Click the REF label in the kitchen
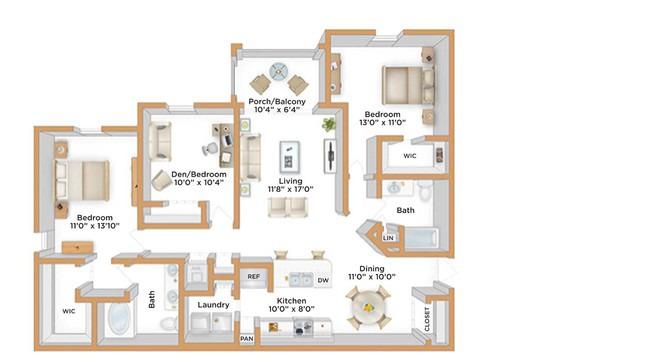[254, 277]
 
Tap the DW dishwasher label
[323, 280]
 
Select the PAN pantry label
[247, 339]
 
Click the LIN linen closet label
[388, 238]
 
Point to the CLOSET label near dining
[427, 319]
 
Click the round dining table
[368, 308]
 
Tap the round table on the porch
[278, 72]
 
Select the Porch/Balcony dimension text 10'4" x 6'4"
[277, 110]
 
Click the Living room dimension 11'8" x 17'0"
[290, 189]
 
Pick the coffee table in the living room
[289, 157]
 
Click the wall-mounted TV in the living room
[330, 156]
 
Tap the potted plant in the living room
[329, 124]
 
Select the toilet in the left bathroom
[169, 323]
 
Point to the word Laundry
[213, 305]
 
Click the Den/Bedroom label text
[199, 174]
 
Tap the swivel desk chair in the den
[211, 149]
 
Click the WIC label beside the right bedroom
[410, 156]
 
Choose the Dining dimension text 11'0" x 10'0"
[372, 277]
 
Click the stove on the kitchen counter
[303, 326]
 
